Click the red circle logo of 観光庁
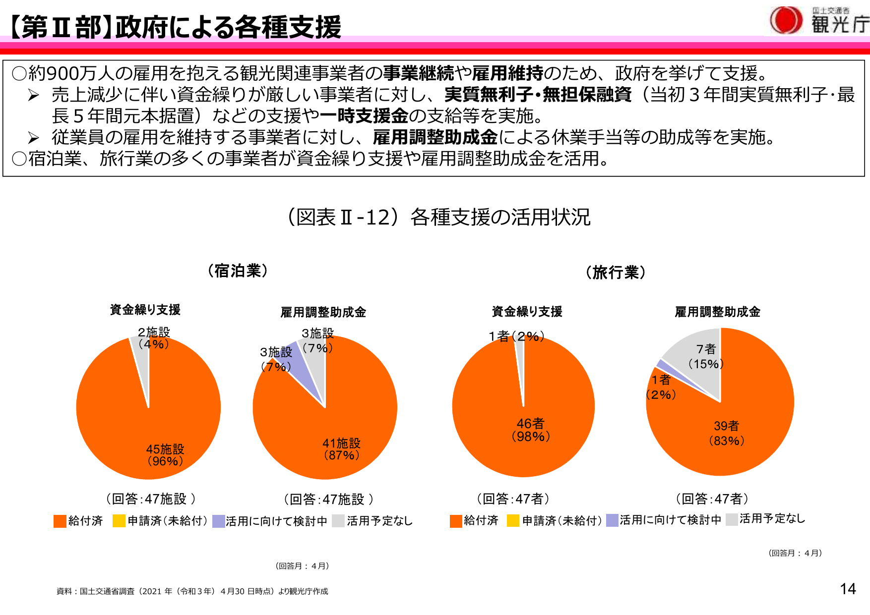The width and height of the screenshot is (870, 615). (x=786, y=20)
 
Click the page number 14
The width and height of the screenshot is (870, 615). (x=848, y=589)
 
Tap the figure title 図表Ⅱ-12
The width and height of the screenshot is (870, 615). (x=439, y=217)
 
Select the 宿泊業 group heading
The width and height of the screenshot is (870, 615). (x=238, y=271)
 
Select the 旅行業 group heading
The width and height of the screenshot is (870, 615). (x=616, y=272)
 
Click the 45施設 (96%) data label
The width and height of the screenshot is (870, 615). (x=165, y=455)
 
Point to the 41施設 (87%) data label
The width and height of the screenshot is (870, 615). (x=341, y=449)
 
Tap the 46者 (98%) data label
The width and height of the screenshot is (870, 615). (x=530, y=430)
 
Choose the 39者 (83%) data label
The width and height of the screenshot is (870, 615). (x=726, y=433)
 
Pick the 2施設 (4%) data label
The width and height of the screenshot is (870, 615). (x=154, y=338)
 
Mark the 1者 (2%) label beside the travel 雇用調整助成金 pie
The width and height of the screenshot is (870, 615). (x=661, y=387)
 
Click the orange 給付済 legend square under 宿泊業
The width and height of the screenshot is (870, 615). (x=60, y=521)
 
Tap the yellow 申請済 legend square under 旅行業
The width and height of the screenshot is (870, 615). (x=513, y=521)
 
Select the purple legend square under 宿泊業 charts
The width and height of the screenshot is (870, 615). (x=219, y=521)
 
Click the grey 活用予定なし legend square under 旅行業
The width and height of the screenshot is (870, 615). (x=732, y=519)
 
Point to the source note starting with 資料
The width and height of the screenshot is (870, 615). (x=192, y=591)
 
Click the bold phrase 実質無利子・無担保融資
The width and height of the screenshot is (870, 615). (x=538, y=94)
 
